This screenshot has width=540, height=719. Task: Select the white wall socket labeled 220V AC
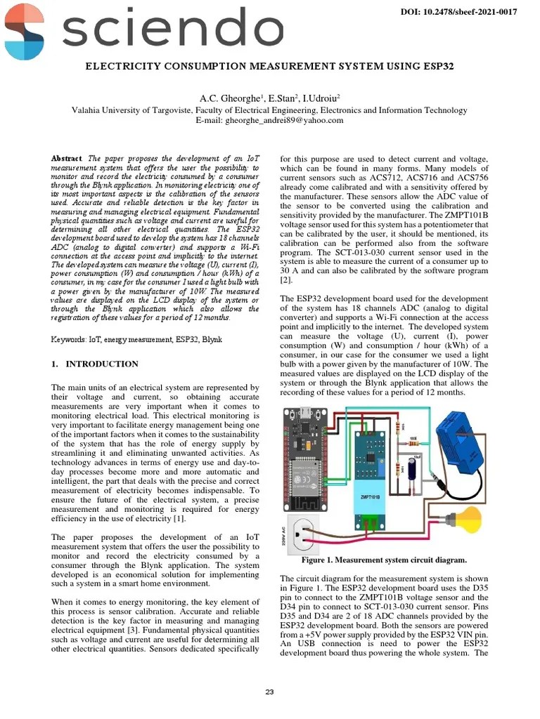(x=303, y=534)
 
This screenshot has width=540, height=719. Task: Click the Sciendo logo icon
(x=24, y=32)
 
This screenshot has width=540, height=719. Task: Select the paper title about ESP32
(x=269, y=67)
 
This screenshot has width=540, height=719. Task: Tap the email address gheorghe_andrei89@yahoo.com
(x=269, y=120)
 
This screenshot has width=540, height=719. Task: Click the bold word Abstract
(x=66, y=159)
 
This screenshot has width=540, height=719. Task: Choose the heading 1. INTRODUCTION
(x=95, y=364)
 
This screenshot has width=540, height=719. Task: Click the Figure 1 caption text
(x=384, y=560)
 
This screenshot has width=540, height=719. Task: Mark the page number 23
(x=269, y=692)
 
